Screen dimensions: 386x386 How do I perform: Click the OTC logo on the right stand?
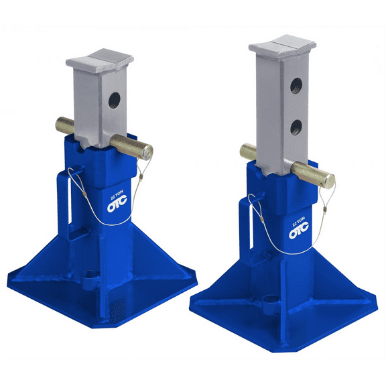(x=298, y=233)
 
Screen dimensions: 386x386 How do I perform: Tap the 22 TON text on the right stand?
(x=298, y=222)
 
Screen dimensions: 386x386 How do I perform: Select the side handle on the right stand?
(x=250, y=217)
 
